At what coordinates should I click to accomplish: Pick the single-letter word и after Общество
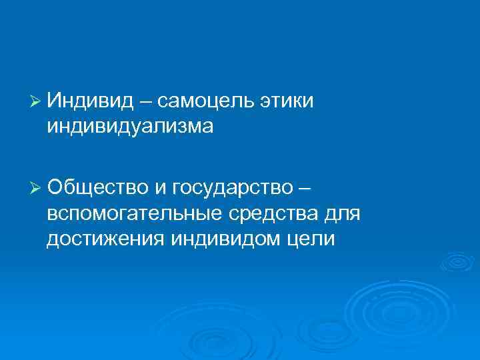pyautogui.click(x=161, y=188)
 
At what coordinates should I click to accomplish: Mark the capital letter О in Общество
pyautogui.click(x=55, y=188)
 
